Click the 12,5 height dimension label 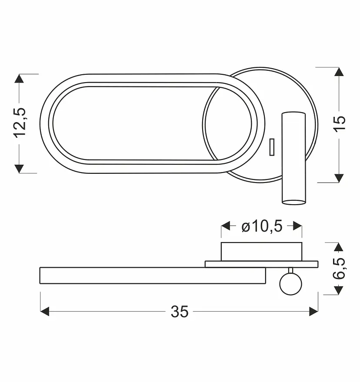[20, 122]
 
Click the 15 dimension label [340, 124]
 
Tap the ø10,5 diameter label [262, 226]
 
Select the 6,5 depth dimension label [339, 269]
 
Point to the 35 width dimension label [180, 312]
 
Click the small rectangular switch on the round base [272, 147]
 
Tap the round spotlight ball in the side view [291, 284]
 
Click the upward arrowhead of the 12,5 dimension [19, 78]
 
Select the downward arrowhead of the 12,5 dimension [19, 169]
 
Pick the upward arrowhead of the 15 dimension [339, 72]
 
